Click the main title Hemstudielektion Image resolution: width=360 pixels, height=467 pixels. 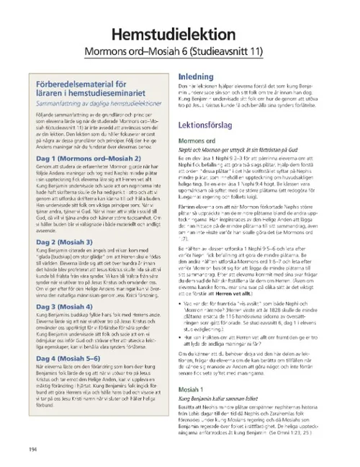(x=179, y=37)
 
